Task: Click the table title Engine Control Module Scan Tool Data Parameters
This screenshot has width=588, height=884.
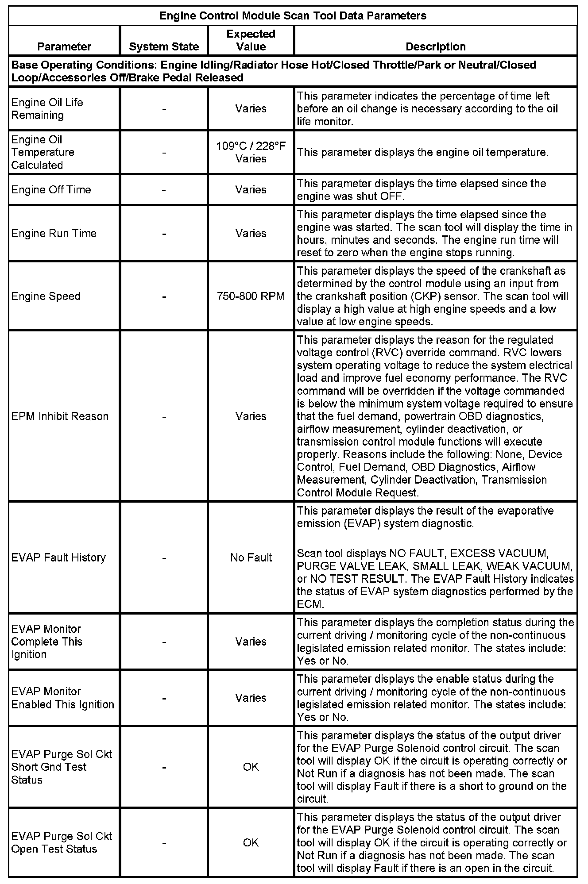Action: (293, 16)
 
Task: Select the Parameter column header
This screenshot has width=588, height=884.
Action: (64, 46)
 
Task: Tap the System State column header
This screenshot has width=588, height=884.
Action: (164, 46)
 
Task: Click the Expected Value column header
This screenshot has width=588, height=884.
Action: (251, 40)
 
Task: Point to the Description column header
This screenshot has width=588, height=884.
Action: (435, 46)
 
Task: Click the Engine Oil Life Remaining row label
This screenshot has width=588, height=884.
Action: (47, 109)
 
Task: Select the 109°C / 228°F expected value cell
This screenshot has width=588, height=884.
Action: (251, 146)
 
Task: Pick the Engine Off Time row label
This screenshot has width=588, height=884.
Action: (51, 190)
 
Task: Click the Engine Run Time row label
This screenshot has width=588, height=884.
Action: (54, 233)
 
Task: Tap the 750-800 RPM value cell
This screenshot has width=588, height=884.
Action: (251, 296)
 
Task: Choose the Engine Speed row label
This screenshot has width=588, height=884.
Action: (46, 296)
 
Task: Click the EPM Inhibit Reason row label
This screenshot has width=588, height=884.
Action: (60, 416)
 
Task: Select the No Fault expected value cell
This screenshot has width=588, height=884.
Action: (251, 557)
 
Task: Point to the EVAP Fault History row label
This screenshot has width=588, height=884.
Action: (58, 557)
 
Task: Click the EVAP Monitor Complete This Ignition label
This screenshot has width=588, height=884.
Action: (46, 642)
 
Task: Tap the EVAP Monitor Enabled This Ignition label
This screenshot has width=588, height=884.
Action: (62, 698)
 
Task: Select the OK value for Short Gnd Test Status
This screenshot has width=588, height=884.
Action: (251, 767)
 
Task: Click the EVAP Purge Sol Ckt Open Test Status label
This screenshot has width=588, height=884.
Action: (62, 842)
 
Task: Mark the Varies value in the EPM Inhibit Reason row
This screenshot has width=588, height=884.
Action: (251, 416)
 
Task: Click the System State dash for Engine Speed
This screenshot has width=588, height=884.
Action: (164, 296)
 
